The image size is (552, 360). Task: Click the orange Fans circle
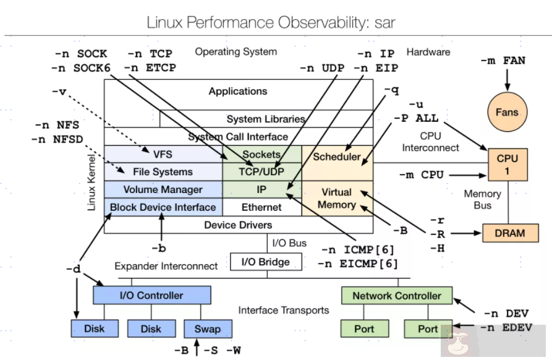point(506,113)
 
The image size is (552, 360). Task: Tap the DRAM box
point(509,233)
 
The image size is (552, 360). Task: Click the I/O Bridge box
point(266,262)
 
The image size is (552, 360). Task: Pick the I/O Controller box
point(151,295)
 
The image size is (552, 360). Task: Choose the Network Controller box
point(396,296)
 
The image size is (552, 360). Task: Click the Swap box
point(207,328)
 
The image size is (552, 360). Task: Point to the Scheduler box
point(337,156)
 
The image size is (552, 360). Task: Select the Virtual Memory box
point(337,198)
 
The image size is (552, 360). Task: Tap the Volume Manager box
point(163,189)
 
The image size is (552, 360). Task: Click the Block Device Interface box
point(163,207)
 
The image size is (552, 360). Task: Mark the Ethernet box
point(261,207)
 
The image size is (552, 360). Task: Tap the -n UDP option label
point(322,68)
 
